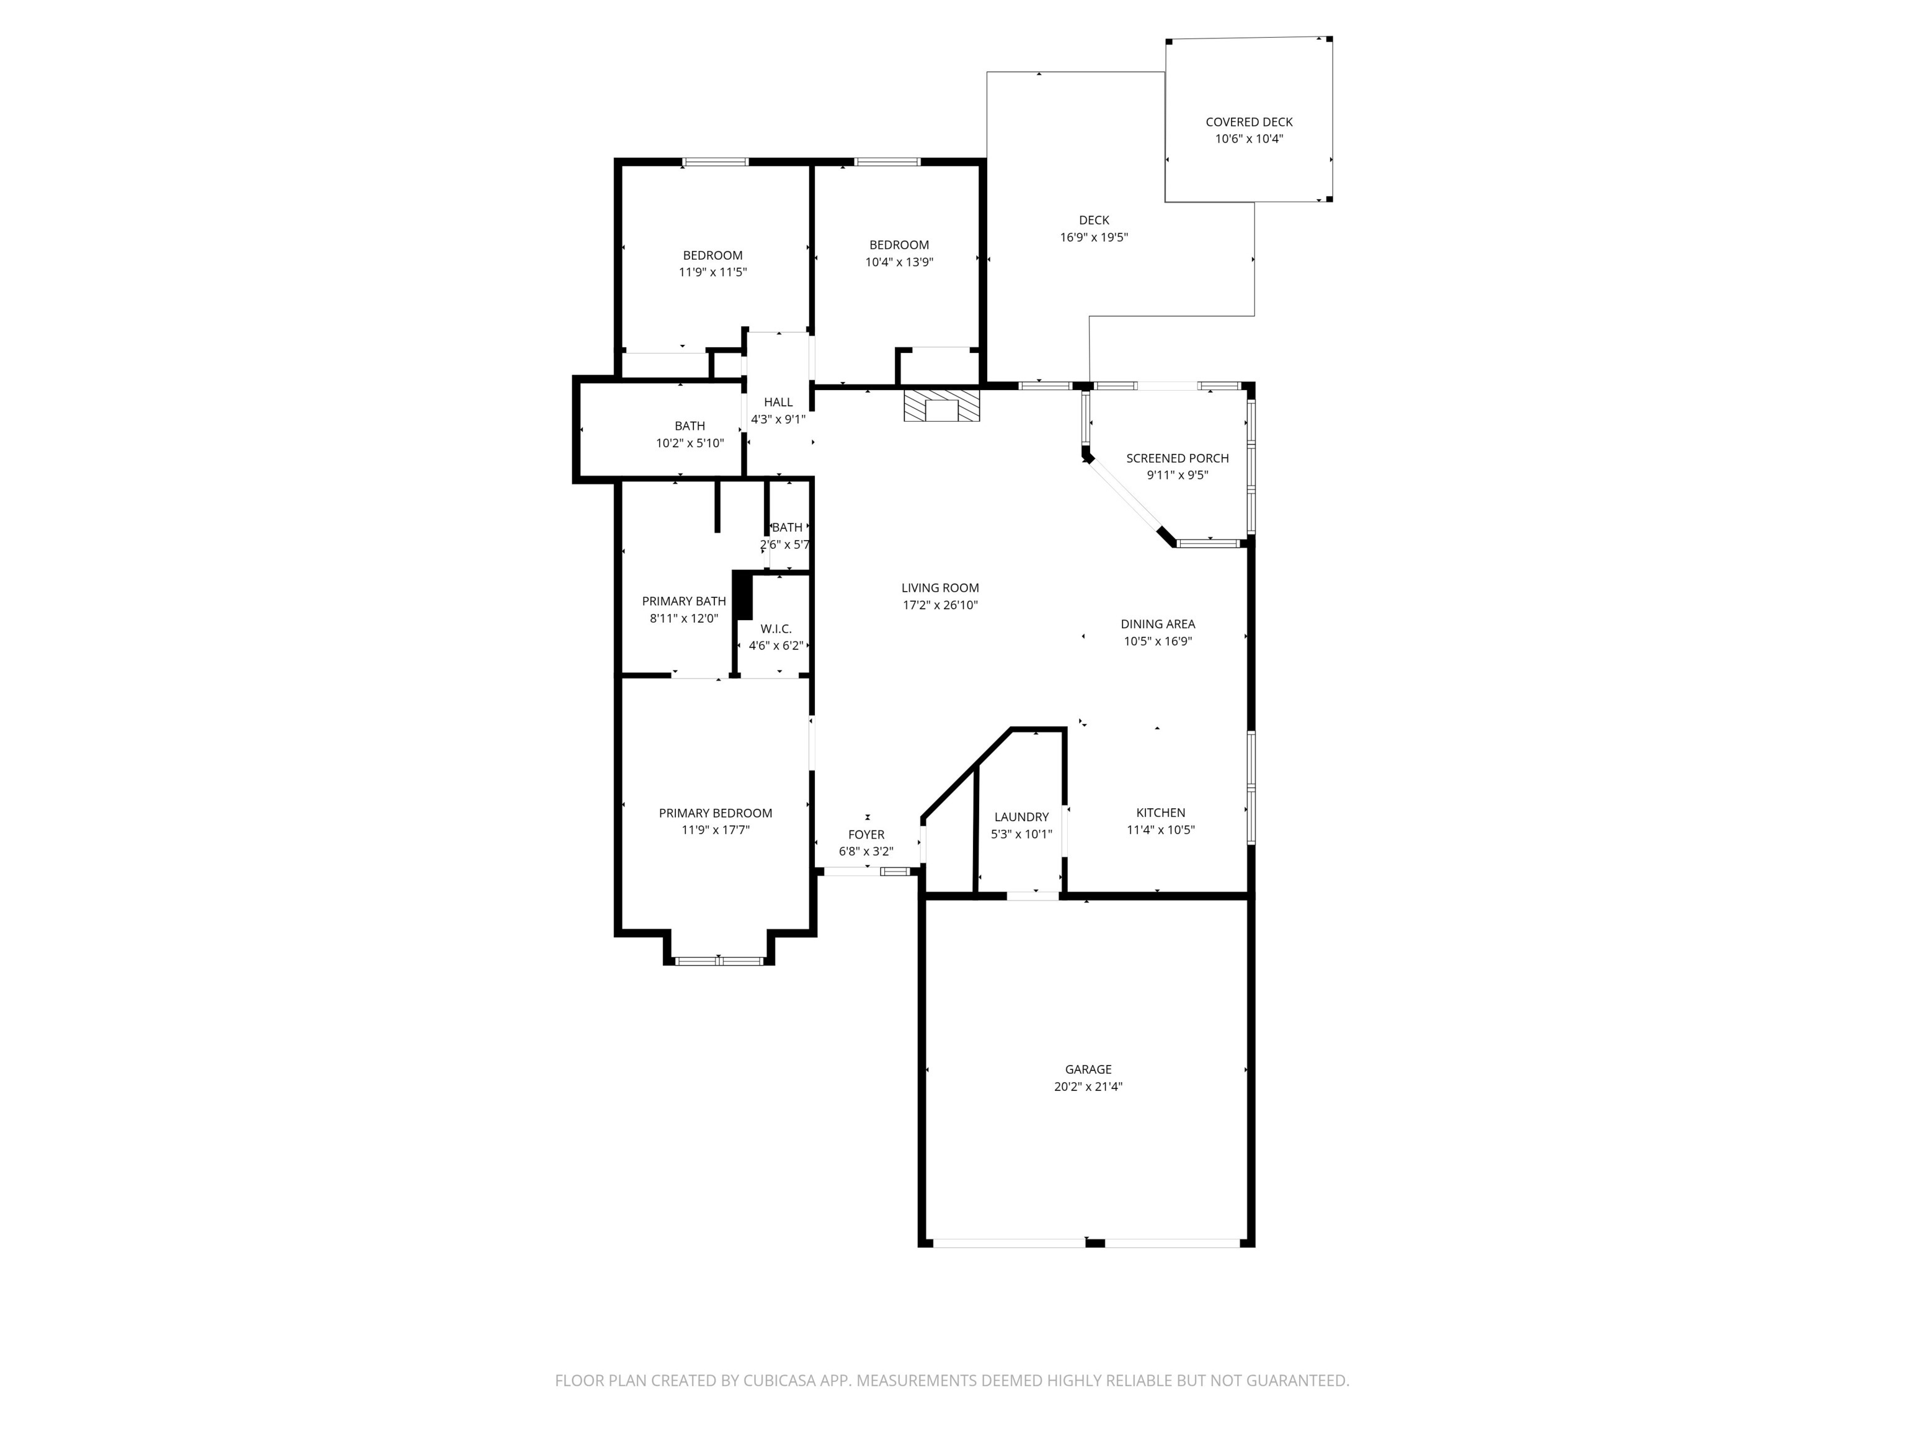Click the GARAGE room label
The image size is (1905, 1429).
(1088, 1069)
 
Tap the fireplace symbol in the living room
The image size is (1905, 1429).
(941, 407)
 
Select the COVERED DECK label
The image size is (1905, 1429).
(1249, 122)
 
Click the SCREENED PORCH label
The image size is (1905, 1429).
(1177, 458)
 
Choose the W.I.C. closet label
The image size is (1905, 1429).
(776, 629)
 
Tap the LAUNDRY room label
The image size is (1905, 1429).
(1021, 817)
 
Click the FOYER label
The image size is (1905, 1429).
(866, 834)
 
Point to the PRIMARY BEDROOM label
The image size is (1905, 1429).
(715, 813)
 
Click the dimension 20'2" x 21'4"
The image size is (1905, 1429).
(1088, 1086)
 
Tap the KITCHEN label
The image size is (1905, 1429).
(1160, 812)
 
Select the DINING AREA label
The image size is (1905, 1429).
(1158, 623)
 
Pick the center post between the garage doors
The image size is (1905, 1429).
(1095, 1242)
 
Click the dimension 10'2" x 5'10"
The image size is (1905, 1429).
(690, 443)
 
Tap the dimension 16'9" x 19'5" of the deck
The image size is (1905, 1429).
(1094, 238)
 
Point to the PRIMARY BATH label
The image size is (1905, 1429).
(684, 601)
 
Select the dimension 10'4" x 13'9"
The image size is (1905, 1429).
(899, 262)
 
